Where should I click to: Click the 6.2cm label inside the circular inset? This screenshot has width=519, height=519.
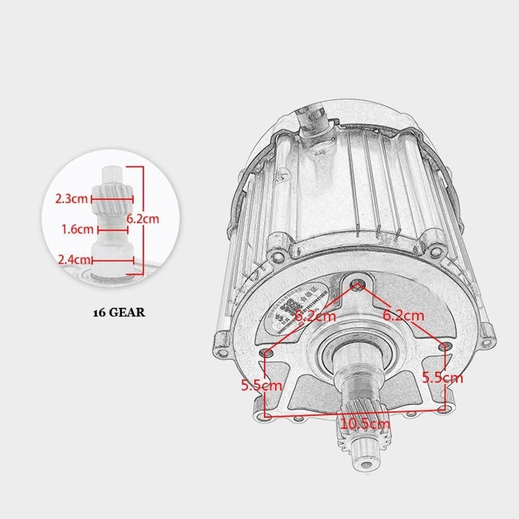point(143,218)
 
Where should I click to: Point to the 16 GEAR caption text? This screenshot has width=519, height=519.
point(119,313)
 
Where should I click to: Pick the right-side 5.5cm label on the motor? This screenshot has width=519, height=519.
point(442,377)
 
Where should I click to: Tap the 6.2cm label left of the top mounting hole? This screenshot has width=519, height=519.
point(316,315)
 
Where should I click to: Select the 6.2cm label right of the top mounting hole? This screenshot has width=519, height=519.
point(403,315)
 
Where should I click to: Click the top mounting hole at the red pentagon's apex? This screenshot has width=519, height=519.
point(357,284)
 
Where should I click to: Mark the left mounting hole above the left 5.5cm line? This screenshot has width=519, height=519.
point(268,353)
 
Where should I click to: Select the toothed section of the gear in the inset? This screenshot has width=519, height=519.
point(111,199)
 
